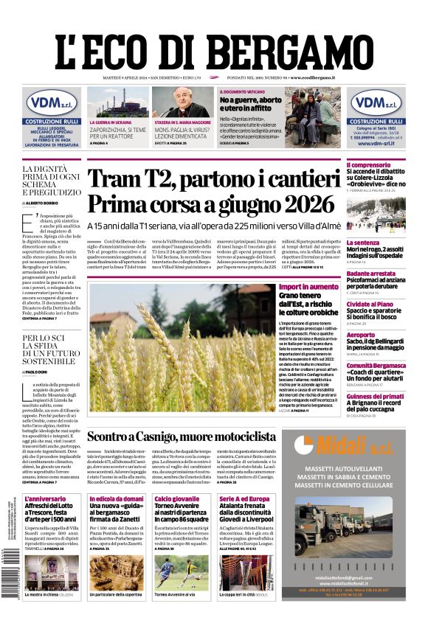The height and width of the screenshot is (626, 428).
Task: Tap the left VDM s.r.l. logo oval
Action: [x=53, y=102]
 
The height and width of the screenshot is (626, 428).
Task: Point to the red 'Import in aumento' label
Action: [x=304, y=287]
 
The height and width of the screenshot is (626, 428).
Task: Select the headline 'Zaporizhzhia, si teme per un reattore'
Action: [x=117, y=133]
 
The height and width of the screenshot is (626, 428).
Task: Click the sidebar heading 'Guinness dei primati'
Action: [x=375, y=396]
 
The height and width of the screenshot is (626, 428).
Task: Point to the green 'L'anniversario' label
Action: [x=45, y=499]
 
